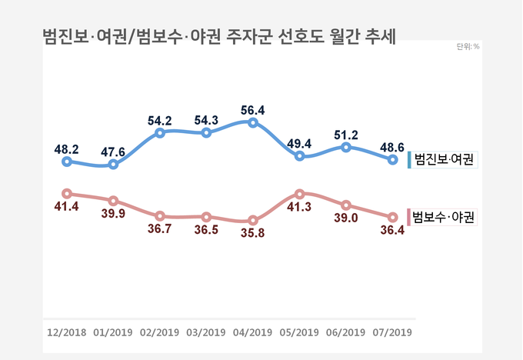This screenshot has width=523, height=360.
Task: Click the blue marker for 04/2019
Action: tap(253, 123)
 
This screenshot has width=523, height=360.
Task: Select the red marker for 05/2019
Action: tap(299, 194)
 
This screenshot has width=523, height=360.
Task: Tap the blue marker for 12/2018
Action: tap(67, 162)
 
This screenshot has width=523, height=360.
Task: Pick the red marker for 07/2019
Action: tap(392, 218)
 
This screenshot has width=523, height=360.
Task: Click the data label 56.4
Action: tap(253, 110)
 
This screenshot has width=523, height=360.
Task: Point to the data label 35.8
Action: tap(253, 233)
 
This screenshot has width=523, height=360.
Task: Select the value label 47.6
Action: tap(113, 152)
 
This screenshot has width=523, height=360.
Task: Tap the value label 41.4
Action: tap(66, 206)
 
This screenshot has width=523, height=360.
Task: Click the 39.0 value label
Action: tap(346, 218)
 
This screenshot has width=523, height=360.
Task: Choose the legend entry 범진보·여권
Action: tap(443, 159)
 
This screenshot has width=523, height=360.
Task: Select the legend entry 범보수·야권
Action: tap(442, 217)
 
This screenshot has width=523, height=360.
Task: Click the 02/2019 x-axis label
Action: tap(159, 332)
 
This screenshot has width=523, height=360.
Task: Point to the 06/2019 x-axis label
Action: tap(346, 332)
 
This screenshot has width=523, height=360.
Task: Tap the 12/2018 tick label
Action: tap(67, 332)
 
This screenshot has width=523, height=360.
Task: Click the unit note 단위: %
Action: tap(468, 47)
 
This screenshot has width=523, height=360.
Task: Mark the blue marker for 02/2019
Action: tap(160, 133)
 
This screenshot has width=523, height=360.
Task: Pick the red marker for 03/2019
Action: tap(206, 217)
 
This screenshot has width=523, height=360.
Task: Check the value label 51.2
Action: tap(346, 135)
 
